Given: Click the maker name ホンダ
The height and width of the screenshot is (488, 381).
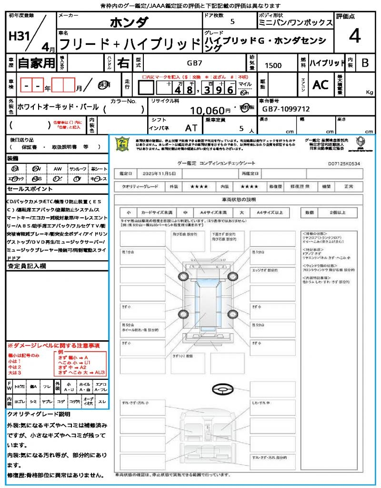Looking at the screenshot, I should tap(129, 22).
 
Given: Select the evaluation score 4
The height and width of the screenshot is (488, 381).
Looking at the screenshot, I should tap(354, 36).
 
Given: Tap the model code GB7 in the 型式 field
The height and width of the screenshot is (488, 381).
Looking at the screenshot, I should tap(194, 63).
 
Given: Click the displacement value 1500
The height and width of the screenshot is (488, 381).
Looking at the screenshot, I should tap(273, 66).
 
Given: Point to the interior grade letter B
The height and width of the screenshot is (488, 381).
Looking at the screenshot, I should tap(365, 63).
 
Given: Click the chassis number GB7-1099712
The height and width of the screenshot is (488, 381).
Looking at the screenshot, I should tap(286, 109).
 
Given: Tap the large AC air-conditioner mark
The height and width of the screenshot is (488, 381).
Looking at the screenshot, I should tap(321, 85).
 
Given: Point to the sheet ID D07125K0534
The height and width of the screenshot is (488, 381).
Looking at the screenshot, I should tap(344, 163).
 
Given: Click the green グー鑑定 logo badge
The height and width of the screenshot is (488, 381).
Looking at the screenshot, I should tap(123, 144).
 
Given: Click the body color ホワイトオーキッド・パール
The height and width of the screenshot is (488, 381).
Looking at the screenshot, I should tap(58, 107).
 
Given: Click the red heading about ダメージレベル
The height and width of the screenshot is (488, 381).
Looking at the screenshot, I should tap(53, 345).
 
